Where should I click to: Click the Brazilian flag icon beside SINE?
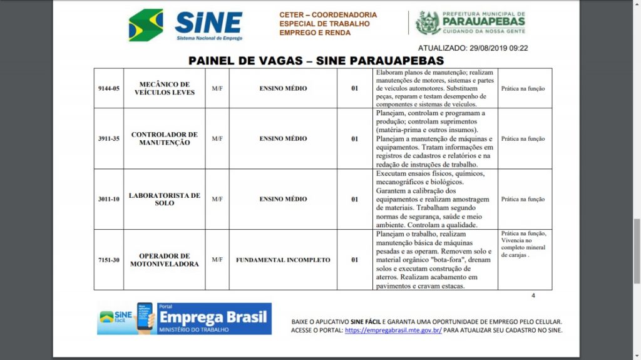coord(145,25)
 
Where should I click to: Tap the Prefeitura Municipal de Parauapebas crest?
coord(428,23)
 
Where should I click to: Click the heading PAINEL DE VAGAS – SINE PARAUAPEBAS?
coord(316,61)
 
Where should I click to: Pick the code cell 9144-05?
coord(109,88)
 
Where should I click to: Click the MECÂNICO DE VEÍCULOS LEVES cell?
coord(165,88)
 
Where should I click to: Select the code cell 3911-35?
coord(109,138)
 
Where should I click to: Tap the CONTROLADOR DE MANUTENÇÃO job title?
coord(165,138)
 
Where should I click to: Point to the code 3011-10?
coord(109,199)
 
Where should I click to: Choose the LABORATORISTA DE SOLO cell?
coord(165,199)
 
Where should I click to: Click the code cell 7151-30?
coord(109,260)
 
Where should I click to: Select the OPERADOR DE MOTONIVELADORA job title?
coord(165,260)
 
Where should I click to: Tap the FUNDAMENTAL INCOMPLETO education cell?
coord(283,260)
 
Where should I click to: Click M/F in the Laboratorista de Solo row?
coord(217,199)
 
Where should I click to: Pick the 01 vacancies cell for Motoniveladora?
coord(355,260)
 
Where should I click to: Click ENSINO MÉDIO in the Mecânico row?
coord(283,88)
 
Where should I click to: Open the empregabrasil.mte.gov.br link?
coord(393,330)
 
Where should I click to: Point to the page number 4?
coord(533,296)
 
